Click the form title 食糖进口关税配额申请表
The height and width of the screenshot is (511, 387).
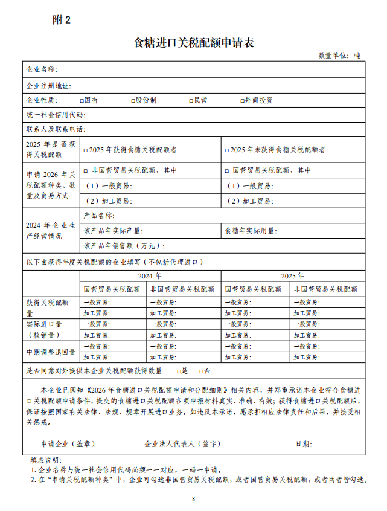pyautogui.click(x=193, y=43)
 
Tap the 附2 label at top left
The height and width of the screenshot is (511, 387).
pyautogui.click(x=62, y=19)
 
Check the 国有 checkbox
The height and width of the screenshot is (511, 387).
pyautogui.click(x=82, y=100)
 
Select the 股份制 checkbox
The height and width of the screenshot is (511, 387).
pyautogui.click(x=133, y=100)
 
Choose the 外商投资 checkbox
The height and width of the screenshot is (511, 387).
pyautogui.click(x=241, y=100)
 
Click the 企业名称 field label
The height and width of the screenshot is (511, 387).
pyautogui.click(x=42, y=70)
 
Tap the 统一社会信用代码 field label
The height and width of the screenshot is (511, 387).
pyautogui.click(x=56, y=115)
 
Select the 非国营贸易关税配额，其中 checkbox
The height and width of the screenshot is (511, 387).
pyautogui.click(x=86, y=171)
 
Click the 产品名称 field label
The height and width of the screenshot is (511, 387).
pyautogui.click(x=99, y=216)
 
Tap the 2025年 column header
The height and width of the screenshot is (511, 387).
pyautogui.click(x=292, y=275)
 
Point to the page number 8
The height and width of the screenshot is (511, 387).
pyautogui.click(x=194, y=499)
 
